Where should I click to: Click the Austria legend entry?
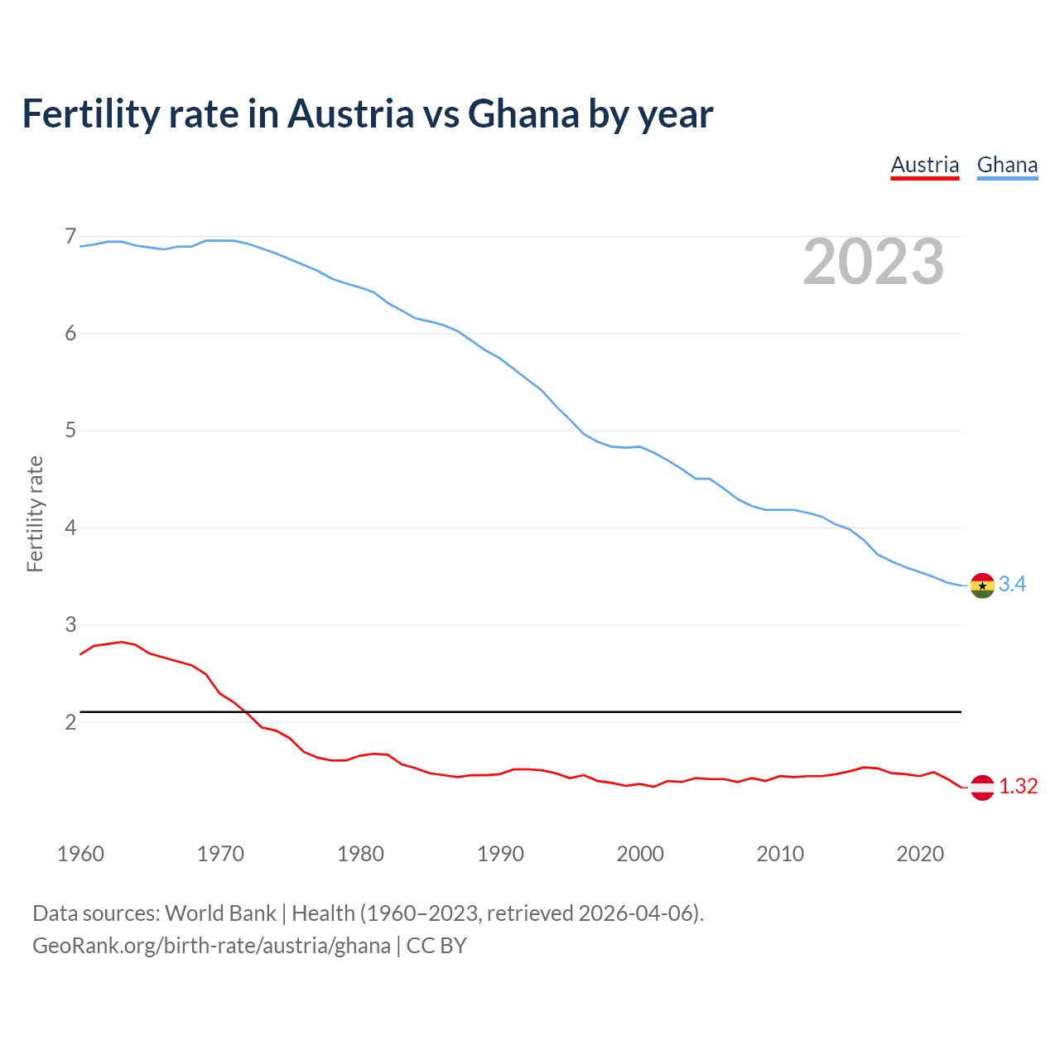click(924, 165)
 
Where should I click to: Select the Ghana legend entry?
click(1007, 165)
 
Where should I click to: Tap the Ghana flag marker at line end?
click(982, 585)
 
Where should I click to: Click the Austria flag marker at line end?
click(982, 787)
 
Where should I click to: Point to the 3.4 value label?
click(1012, 585)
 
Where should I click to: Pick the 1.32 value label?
click(1018, 787)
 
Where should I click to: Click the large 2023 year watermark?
click(874, 262)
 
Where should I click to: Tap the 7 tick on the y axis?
click(70, 237)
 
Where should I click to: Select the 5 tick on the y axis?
click(70, 431)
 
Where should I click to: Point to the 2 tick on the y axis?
click(70, 722)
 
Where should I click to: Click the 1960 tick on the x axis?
click(80, 854)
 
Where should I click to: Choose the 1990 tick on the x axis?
click(500, 854)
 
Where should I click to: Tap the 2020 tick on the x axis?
click(920, 854)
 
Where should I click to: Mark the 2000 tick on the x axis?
click(640, 854)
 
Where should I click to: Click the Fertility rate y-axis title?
click(35, 513)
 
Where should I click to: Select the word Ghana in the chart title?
click(523, 114)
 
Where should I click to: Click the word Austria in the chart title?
click(350, 114)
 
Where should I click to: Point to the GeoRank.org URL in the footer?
click(211, 946)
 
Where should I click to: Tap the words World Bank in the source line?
click(220, 913)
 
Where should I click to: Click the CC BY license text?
click(436, 946)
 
